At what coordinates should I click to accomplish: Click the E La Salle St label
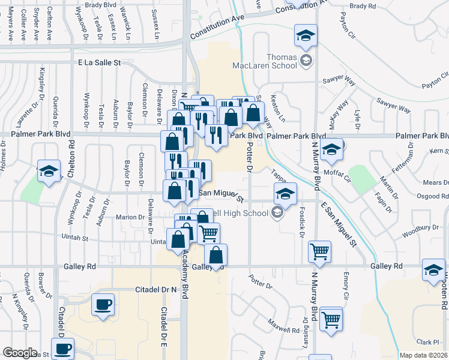(100, 62)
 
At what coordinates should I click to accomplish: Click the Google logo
(20, 353)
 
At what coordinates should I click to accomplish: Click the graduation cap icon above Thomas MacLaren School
(306, 37)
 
